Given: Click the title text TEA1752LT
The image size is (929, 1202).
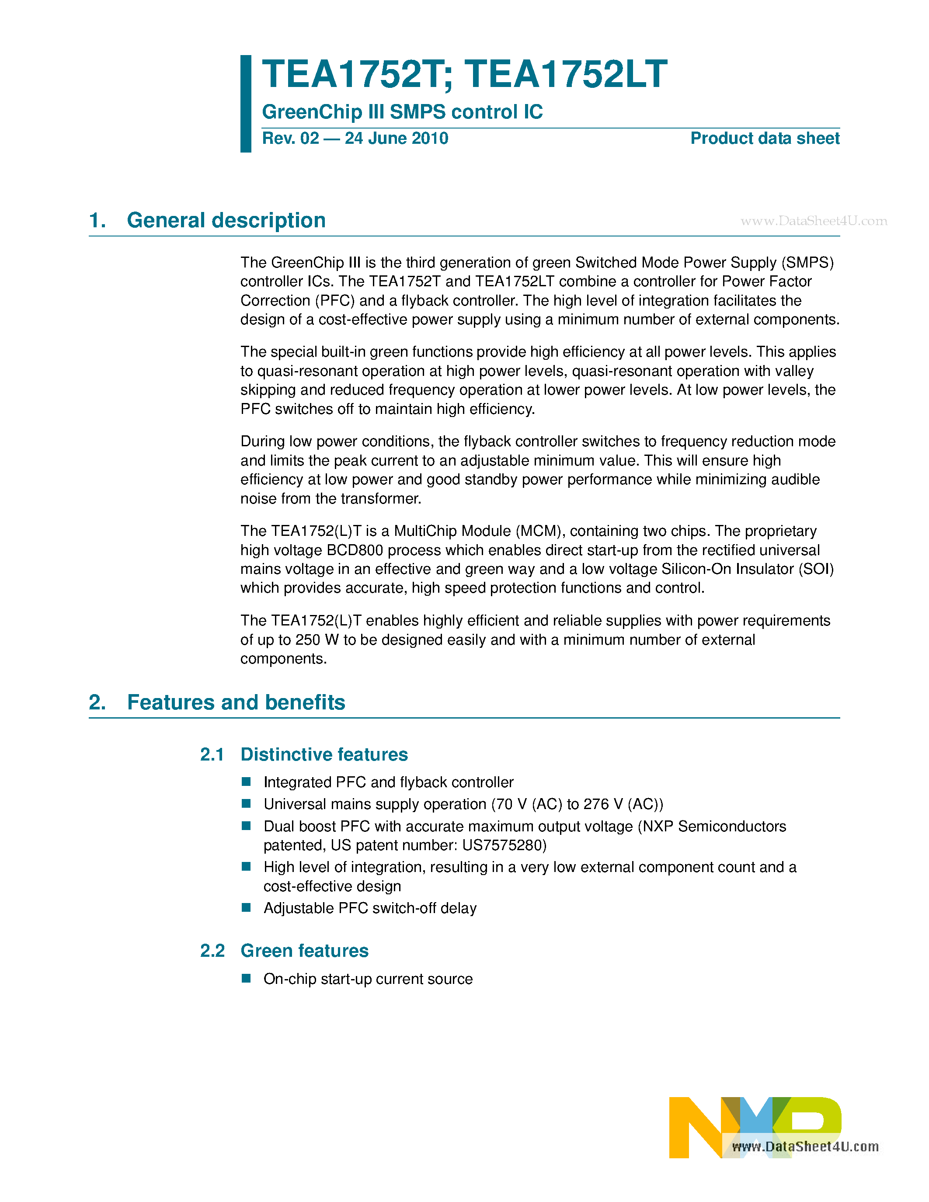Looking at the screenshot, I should click(x=566, y=74).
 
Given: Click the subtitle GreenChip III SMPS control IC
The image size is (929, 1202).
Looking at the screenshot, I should click(x=402, y=112).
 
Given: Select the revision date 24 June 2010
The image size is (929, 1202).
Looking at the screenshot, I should click(x=396, y=138).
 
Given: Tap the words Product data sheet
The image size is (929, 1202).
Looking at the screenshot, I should click(x=765, y=138).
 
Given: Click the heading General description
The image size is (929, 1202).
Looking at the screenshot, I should click(x=226, y=220).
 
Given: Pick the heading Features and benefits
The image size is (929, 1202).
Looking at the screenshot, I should click(x=236, y=702).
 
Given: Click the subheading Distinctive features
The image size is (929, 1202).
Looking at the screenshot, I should click(x=324, y=754).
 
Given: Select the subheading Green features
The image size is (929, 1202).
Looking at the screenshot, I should click(x=304, y=951).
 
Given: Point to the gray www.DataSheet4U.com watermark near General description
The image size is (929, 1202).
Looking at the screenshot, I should click(x=814, y=221).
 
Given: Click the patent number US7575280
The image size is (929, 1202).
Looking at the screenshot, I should click(x=504, y=845).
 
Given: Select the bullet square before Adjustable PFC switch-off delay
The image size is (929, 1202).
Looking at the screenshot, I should click(x=246, y=907).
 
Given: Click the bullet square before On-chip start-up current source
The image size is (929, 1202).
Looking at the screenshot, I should click(x=246, y=978).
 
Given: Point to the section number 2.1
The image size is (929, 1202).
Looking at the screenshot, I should click(x=212, y=754).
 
